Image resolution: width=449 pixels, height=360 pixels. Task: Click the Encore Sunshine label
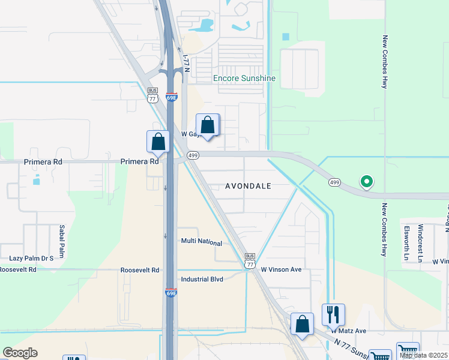coord(244,78)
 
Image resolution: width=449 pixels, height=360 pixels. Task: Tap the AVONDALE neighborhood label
coord(248,186)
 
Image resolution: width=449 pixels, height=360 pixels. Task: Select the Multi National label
coord(202,242)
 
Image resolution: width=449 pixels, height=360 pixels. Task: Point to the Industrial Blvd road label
coord(202,279)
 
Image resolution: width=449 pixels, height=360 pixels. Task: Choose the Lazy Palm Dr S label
coord(31,258)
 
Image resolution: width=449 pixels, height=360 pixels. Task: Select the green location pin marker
coord(366,181)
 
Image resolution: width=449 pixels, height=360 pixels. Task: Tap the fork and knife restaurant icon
coord(333,314)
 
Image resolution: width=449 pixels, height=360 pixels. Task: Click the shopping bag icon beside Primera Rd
coord(158,142)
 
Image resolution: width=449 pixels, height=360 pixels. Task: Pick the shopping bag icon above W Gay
coord(207,125)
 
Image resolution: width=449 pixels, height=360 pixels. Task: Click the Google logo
coord(20,353)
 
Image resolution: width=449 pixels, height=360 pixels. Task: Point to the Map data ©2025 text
coord(423,355)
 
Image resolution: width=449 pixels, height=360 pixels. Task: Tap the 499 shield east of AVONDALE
coord(334,181)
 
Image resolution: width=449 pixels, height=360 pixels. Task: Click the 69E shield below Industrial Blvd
coord(171,292)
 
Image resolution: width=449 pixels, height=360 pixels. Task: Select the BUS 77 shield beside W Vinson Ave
coord(250,260)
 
